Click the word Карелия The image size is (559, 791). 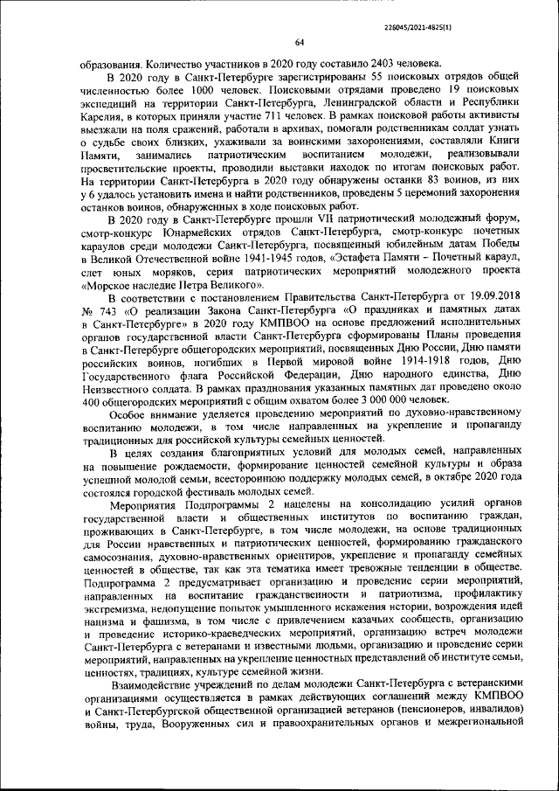click(x=102, y=114)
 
